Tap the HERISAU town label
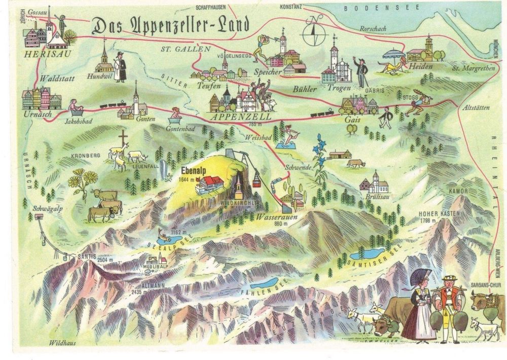coord(42,53)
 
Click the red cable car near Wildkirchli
coord(257,179)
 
